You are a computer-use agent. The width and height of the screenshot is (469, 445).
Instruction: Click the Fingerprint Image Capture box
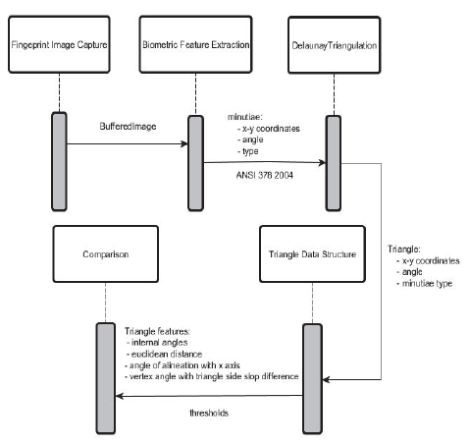[60, 45]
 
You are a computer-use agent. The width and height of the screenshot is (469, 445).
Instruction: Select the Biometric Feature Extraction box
[195, 45]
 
